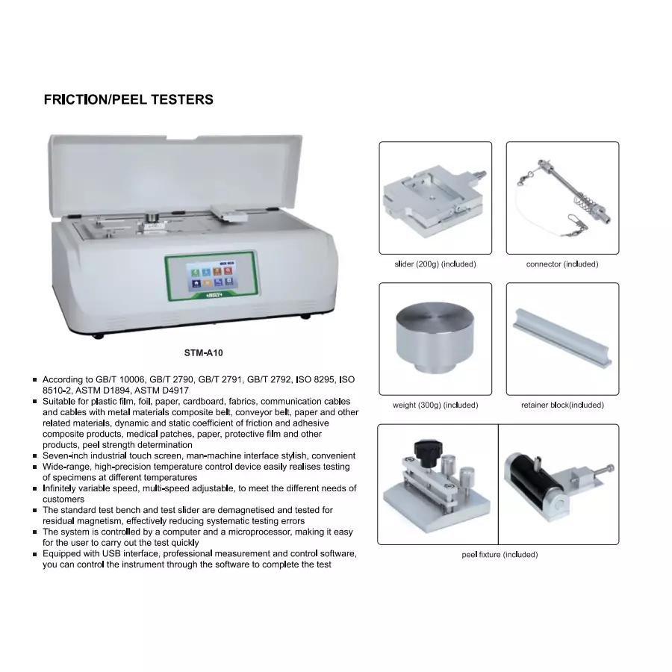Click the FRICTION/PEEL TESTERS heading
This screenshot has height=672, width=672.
tap(128, 99)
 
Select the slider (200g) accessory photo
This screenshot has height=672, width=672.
tap(435, 197)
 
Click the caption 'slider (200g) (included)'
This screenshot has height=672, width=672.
tap(435, 264)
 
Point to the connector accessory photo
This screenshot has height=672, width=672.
tap(561, 197)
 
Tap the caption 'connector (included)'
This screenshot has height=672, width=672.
tap(561, 264)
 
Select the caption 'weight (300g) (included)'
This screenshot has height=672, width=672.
tap(435, 405)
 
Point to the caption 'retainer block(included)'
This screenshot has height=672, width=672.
tap(562, 405)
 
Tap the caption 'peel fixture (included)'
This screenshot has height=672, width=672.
tap(499, 555)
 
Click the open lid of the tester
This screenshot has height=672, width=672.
tap(175, 172)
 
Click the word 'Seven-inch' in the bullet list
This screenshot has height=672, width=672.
tap(65, 455)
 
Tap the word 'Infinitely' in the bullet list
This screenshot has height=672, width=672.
tap(63, 488)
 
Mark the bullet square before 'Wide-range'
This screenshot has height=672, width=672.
tap(35, 467)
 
